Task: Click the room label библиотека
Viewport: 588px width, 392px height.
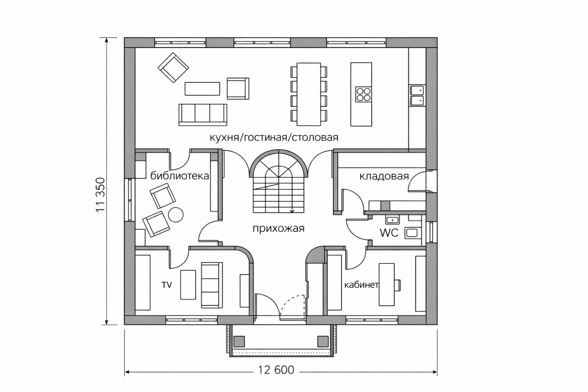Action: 180,176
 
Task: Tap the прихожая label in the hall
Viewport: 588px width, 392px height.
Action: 278,229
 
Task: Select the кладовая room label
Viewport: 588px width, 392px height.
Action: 384,176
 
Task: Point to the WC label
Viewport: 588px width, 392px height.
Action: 389,233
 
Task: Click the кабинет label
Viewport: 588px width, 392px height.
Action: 362,285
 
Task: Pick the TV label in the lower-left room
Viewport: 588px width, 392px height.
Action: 167,285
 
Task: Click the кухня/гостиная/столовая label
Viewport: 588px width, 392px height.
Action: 274,137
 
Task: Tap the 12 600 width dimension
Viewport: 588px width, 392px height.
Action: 276,370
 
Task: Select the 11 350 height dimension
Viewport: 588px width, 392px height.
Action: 100,195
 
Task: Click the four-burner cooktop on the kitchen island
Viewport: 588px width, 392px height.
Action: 364,95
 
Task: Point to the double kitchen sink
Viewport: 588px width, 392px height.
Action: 417,95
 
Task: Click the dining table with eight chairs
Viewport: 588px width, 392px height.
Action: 309,94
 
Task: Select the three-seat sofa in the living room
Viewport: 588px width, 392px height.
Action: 203,115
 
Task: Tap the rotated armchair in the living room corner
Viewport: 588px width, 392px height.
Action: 173,68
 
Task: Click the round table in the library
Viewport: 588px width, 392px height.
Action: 176,215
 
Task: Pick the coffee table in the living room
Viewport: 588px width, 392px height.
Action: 202,89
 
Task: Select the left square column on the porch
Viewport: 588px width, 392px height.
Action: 239,341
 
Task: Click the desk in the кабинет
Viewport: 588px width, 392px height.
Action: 387,284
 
